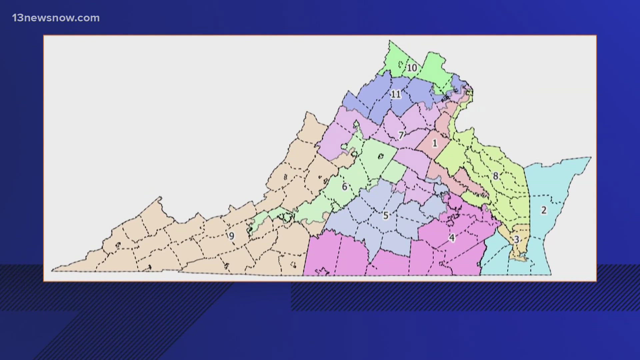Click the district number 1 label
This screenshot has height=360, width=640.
coord(435,143)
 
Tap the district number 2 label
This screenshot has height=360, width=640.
coord(544,210)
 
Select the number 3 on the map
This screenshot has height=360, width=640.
coord(516,239)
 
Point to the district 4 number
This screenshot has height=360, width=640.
coord(452,238)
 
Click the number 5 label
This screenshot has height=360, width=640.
coord(386,215)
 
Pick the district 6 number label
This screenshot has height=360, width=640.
coord(345,187)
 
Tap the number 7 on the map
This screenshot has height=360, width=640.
coord(401,135)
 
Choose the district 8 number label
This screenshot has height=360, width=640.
coord(496,176)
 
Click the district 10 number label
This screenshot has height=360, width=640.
coord(412,68)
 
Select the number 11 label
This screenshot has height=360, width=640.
coord(396,94)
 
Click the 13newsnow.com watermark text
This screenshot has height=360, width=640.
coord(56,18)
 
